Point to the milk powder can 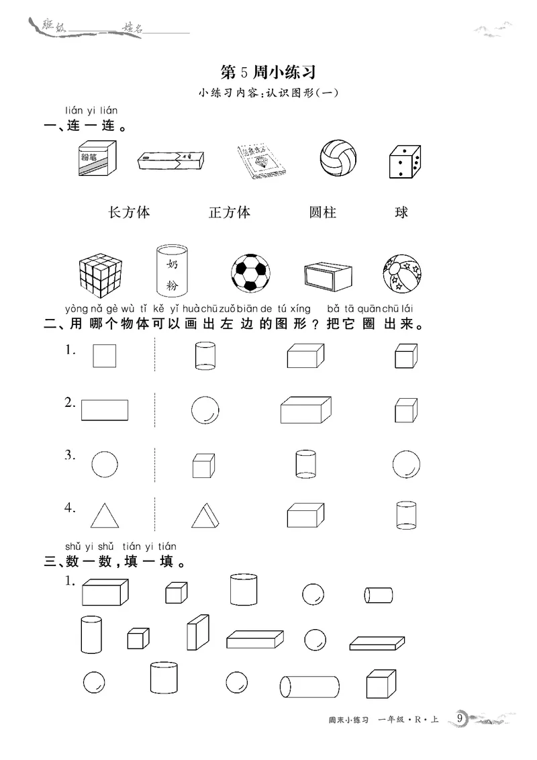click(x=171, y=270)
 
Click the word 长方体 click(x=129, y=213)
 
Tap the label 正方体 click(x=230, y=213)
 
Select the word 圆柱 click(x=323, y=213)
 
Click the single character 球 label click(x=401, y=213)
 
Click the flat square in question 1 click(x=104, y=356)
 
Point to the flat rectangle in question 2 click(x=105, y=410)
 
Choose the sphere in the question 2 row click(x=205, y=410)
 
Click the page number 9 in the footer click(x=460, y=718)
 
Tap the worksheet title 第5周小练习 click(x=268, y=72)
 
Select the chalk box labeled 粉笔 click(x=97, y=160)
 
